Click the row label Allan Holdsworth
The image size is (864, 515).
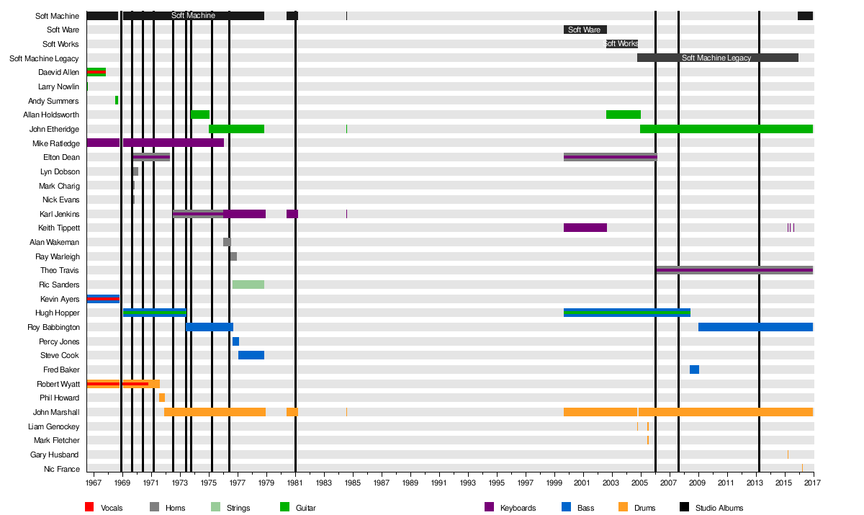tap(51, 115)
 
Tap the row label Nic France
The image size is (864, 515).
tap(63, 469)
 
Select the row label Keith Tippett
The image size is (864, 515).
tap(59, 228)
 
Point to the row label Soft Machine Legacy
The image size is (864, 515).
tap(44, 58)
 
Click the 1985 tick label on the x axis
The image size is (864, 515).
tap(353, 483)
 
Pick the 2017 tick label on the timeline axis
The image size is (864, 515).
tap(813, 483)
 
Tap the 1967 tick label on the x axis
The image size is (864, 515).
tap(94, 483)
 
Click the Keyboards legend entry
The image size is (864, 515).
tap(518, 508)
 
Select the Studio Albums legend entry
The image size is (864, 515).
tap(719, 508)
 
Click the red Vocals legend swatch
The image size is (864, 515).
tap(89, 507)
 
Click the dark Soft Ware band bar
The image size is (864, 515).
tap(585, 30)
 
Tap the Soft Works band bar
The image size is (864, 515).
tap(621, 44)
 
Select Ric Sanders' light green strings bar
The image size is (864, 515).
tap(248, 285)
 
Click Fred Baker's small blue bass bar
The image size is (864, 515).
tap(694, 370)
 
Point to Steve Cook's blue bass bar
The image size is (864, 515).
tap(251, 355)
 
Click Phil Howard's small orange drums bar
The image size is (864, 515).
tap(162, 398)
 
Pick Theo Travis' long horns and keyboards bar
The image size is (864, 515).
tap(734, 271)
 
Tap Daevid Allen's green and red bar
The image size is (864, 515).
tap(96, 72)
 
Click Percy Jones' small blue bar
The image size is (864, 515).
tap(235, 341)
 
